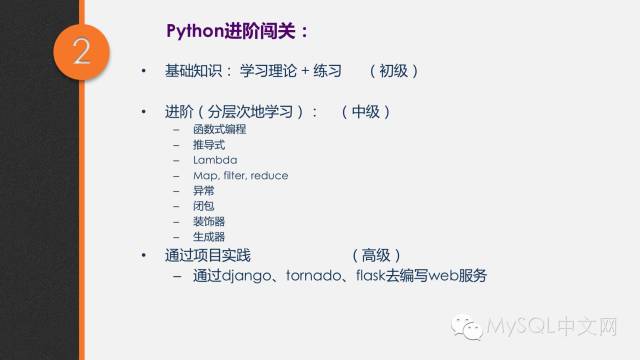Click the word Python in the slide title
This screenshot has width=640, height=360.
(x=187, y=28)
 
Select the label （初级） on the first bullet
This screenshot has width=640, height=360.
(x=392, y=71)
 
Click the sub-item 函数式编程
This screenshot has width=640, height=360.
(x=220, y=130)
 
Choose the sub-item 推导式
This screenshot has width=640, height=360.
(x=209, y=145)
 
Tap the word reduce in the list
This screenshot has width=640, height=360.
(x=270, y=175)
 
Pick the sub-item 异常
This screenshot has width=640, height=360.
(x=204, y=190)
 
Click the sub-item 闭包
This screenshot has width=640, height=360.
(x=204, y=206)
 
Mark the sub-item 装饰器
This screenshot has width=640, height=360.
(x=209, y=221)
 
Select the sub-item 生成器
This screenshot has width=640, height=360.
(x=209, y=237)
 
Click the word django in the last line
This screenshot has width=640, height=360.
(x=246, y=276)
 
